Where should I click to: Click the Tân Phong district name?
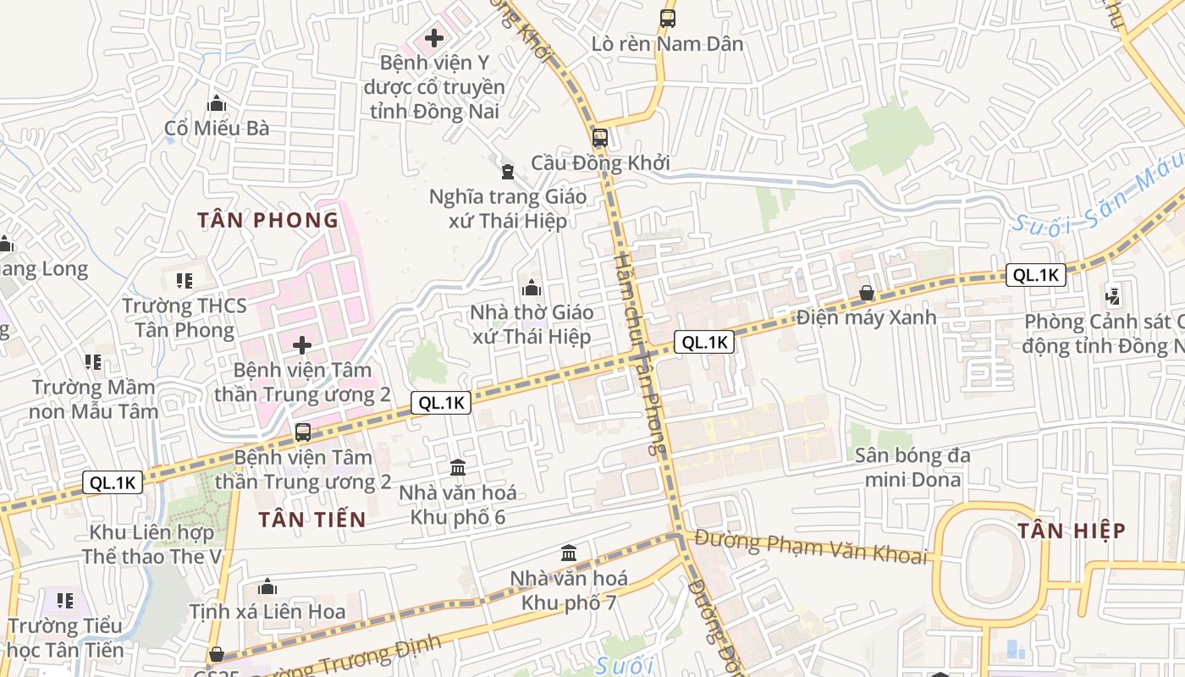(267, 220)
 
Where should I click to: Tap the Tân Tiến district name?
(312, 520)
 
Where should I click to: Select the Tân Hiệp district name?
(1072, 531)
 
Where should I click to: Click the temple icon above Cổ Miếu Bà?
(217, 103)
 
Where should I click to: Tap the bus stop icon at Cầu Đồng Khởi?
(599, 137)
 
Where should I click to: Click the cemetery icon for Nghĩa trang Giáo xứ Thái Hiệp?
(508, 172)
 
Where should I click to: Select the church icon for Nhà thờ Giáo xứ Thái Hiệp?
(532, 288)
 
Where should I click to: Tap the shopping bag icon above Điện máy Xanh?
(867, 293)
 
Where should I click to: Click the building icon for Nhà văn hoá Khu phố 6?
(458, 467)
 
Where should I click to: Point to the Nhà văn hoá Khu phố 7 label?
(569, 590)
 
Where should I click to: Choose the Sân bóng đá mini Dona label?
(912, 467)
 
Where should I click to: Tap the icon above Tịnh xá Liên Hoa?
(267, 586)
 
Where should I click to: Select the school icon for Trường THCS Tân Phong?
(185, 280)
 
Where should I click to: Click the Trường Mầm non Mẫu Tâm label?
(93, 399)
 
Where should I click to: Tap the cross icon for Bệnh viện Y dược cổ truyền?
(434, 37)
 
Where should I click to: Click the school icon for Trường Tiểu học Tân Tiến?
(64, 601)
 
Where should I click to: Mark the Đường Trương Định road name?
(347, 660)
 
